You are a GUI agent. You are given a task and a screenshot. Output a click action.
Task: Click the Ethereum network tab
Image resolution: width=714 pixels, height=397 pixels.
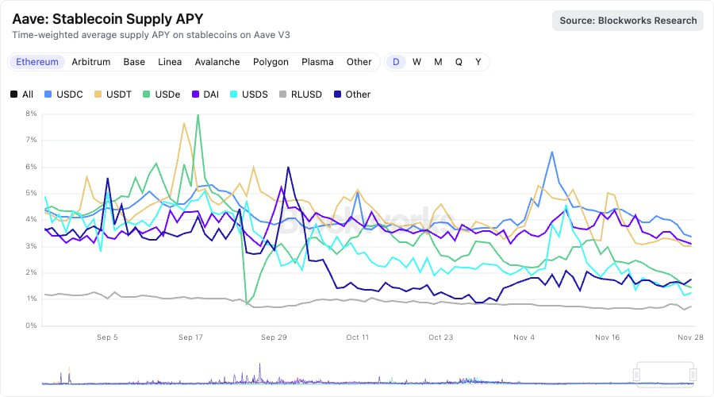tap(37, 62)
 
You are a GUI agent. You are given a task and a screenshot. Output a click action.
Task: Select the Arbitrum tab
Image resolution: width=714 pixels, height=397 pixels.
tap(91, 62)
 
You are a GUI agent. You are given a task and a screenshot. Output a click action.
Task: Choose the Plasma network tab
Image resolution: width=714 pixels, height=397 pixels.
tap(317, 62)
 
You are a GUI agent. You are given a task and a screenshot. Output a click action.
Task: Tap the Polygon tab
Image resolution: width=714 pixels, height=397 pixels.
tap(271, 62)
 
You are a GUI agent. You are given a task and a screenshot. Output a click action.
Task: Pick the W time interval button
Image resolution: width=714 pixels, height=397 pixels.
tap(416, 62)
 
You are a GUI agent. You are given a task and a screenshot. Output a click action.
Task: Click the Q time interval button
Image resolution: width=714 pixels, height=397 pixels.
tap(459, 62)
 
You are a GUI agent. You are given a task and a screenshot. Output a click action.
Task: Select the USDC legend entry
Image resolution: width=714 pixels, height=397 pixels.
tap(64, 94)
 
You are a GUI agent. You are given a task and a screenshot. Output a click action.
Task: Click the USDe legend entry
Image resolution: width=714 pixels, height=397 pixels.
tap(160, 94)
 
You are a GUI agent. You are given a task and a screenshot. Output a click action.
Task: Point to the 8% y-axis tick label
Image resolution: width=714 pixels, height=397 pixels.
tap(31, 114)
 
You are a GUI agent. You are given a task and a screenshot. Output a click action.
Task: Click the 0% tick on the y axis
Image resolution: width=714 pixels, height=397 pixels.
tap(31, 326)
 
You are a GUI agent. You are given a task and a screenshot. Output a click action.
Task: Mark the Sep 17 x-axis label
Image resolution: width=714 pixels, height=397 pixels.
tap(190, 337)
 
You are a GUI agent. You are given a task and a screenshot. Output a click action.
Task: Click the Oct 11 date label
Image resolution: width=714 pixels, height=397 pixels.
tap(357, 337)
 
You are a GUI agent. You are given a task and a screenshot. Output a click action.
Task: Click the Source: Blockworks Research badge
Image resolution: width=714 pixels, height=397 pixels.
tap(628, 21)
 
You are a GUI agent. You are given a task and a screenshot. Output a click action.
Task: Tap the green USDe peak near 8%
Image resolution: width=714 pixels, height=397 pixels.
tap(198, 115)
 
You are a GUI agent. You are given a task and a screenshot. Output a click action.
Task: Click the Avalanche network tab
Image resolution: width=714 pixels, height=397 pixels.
tap(217, 62)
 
